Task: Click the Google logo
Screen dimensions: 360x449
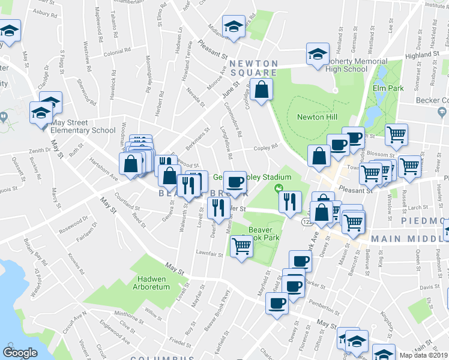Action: (x=20, y=353)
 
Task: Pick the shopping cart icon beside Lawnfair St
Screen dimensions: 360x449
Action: (x=241, y=244)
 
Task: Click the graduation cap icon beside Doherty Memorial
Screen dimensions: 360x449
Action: (x=318, y=55)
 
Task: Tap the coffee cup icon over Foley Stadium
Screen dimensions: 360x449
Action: (x=234, y=181)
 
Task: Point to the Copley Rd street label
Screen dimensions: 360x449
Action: (x=265, y=147)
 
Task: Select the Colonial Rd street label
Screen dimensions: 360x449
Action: (x=113, y=52)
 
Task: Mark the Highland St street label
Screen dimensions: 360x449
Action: (x=418, y=55)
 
